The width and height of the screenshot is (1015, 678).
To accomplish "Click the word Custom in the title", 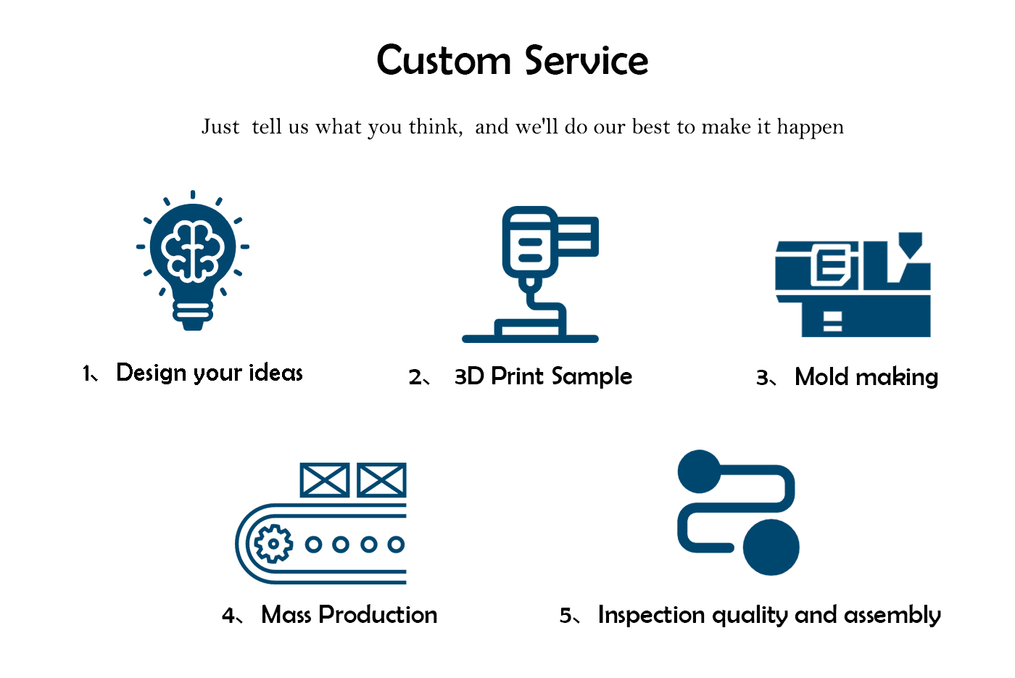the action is (444, 61).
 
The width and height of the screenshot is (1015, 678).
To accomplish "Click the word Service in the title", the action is (587, 61).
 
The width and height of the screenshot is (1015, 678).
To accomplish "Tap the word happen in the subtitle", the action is (810, 128).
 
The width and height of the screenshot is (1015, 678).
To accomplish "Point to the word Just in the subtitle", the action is (220, 127).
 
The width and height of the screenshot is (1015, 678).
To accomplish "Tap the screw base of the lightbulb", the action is (193, 313).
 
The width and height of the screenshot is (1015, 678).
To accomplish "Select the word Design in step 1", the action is (151, 373).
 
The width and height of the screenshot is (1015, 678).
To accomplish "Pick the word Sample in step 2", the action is (591, 376).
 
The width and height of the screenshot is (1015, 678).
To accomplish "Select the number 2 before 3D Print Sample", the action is (415, 377).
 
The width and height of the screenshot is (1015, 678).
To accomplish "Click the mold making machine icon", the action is (853, 286).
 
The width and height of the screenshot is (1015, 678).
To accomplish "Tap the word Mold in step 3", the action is (821, 377).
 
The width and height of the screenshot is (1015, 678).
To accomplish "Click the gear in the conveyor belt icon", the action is (273, 543).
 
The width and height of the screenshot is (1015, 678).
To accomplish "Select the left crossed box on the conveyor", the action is (324, 480).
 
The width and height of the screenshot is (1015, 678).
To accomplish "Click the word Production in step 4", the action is (378, 615).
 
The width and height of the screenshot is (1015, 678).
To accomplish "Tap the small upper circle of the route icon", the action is (699, 471).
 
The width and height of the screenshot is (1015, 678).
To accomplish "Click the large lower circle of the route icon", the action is (771, 547).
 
